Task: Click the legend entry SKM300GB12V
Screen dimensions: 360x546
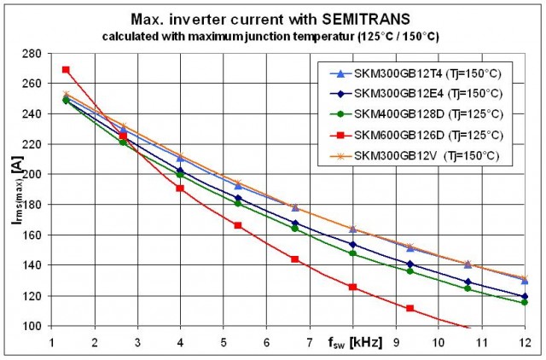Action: coord(392,154)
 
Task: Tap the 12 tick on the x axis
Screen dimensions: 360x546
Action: coord(522,340)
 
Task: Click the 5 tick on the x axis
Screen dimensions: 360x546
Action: coord(223,340)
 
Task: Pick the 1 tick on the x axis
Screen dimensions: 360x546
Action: coord(51,340)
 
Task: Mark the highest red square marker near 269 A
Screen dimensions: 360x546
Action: coord(66,70)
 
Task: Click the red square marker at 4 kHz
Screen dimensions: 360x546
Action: coord(180,189)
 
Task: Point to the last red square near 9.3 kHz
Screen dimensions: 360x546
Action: coord(409,308)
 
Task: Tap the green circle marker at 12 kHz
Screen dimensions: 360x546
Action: coord(524,303)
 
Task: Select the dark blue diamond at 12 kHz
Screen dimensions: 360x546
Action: coord(524,297)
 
